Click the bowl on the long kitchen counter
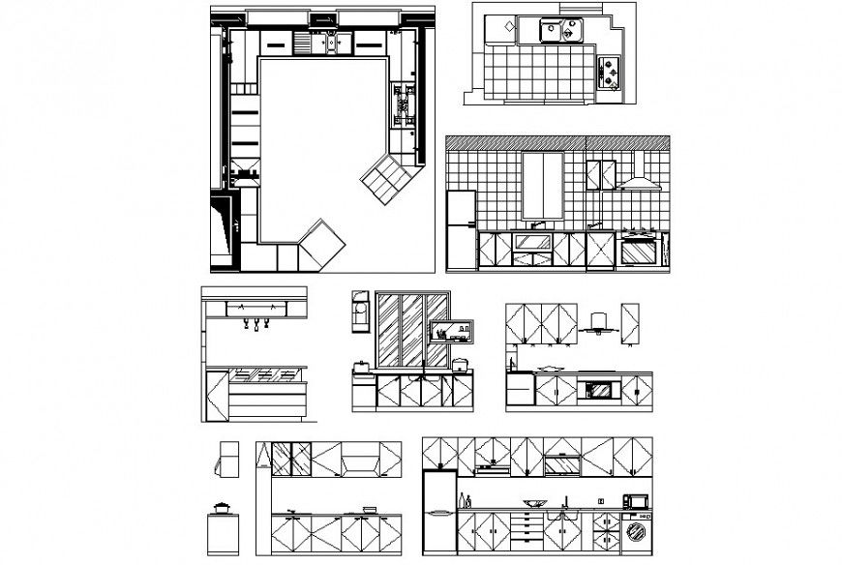tap(533, 502)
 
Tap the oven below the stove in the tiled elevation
tap(638, 252)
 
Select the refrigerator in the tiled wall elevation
tap(461, 229)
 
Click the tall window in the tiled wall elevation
tap(542, 185)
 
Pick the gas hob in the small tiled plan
tap(611, 73)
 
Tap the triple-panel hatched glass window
tap(401, 331)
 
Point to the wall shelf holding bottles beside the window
tap(452, 333)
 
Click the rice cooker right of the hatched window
tap(461, 365)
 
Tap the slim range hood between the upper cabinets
tap(596, 323)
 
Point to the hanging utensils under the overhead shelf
tap(256, 323)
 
